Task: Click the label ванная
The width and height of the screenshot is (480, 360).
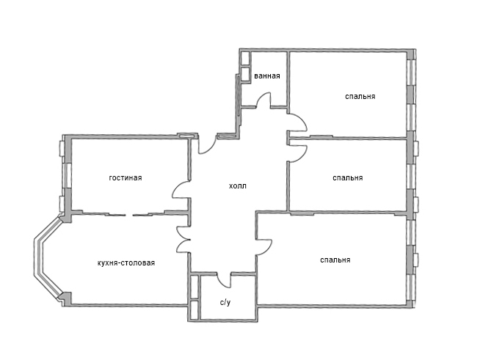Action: [x=267, y=76]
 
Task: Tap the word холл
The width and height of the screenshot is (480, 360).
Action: [x=238, y=186]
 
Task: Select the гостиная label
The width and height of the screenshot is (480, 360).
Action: [x=126, y=177]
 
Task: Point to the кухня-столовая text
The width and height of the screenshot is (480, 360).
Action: [x=126, y=262]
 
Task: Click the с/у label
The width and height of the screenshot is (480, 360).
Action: [x=225, y=303]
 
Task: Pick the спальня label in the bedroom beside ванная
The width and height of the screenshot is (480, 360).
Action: [x=360, y=96]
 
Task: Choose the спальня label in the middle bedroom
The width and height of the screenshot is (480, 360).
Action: [x=347, y=177]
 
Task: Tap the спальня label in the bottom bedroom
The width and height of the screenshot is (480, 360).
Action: [x=335, y=260]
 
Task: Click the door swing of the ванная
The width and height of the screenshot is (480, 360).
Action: [x=264, y=100]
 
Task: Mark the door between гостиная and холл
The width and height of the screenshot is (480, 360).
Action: [x=181, y=190]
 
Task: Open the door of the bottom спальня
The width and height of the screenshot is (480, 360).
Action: [x=264, y=246]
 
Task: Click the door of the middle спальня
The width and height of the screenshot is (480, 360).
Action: [x=298, y=153]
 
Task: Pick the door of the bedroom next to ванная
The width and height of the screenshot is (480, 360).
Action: [x=298, y=122]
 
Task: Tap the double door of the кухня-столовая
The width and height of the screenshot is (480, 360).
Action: [x=183, y=239]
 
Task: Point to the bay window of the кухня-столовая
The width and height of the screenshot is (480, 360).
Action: [x=46, y=257]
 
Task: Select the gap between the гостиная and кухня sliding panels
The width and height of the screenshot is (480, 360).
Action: [x=129, y=215]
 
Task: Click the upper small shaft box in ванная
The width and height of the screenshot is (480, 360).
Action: [x=245, y=59]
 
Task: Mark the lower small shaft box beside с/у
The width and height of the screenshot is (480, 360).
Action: [x=194, y=310]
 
